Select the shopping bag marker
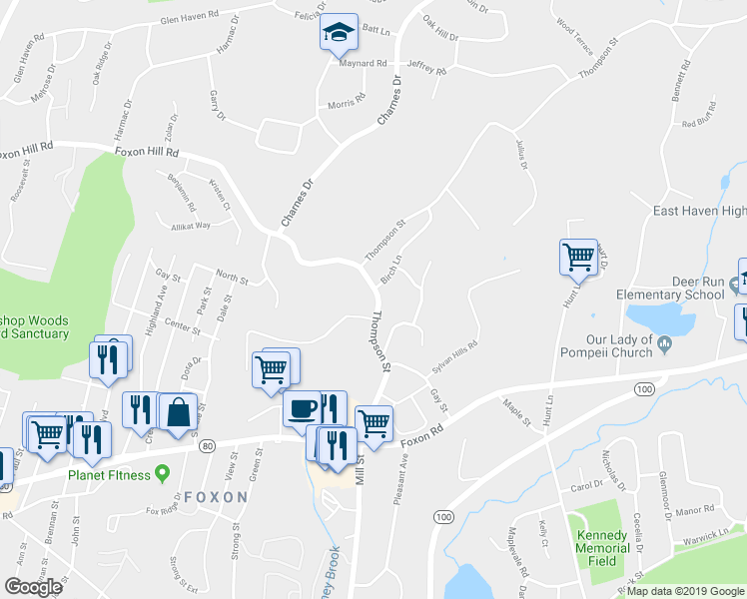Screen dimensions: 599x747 point(177,411)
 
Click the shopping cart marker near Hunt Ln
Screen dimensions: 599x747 point(578,258)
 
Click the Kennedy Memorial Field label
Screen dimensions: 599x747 point(602,541)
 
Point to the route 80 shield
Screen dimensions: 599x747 point(207,445)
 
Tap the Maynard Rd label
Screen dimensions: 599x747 point(363,62)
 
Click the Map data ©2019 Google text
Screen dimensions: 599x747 point(686,591)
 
